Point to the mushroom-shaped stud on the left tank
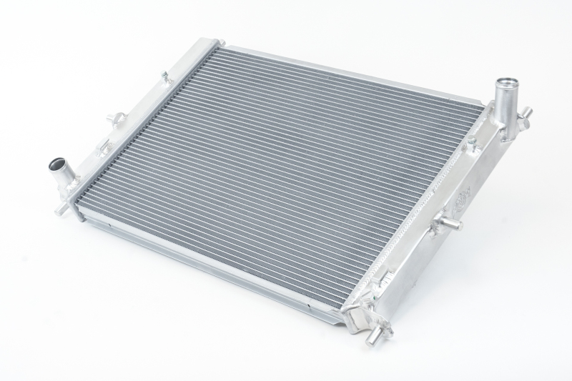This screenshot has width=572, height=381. [x=112, y=118]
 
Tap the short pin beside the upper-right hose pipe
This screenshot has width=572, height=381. [x=526, y=113]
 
